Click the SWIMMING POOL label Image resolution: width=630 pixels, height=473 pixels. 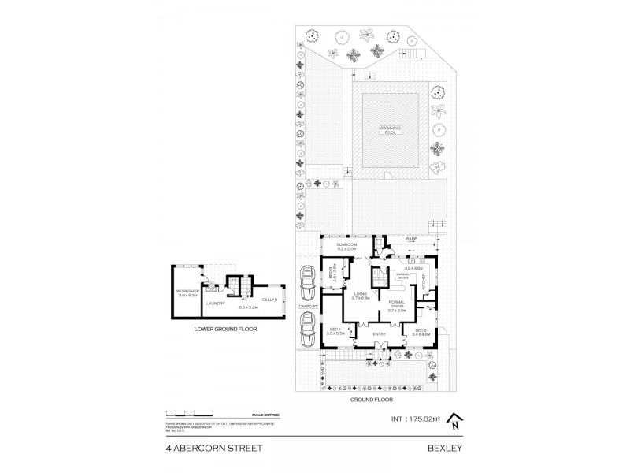[x=387, y=129]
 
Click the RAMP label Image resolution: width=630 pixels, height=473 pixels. [x=410, y=237]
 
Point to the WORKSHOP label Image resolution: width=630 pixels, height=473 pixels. [x=187, y=294]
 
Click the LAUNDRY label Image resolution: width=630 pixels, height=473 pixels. [x=216, y=303]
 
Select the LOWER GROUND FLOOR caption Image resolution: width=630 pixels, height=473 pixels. [x=227, y=329]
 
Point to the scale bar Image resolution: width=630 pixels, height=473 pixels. [x=189, y=413]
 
